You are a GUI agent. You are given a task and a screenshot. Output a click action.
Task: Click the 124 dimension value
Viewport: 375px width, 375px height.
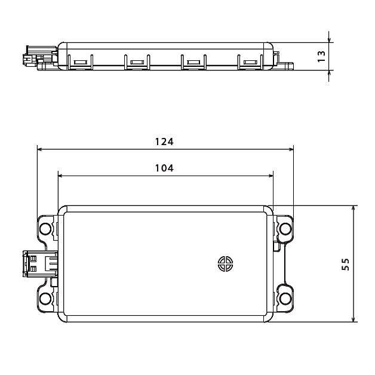pos(164,142)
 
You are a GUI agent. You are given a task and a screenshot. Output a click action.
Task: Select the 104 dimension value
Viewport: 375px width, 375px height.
pos(164,168)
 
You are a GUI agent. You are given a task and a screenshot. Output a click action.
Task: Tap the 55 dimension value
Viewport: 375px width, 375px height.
pos(345,264)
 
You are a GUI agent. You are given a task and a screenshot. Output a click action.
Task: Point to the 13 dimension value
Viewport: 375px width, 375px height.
pos(321,57)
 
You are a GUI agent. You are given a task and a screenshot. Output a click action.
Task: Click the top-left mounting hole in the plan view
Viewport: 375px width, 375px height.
pos(45,228)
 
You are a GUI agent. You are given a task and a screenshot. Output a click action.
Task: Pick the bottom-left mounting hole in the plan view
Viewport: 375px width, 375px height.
pos(45,299)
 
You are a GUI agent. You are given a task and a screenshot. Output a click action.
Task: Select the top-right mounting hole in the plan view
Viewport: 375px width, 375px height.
pos(285,228)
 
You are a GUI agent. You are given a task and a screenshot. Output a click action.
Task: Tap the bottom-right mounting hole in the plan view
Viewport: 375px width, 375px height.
pos(285,299)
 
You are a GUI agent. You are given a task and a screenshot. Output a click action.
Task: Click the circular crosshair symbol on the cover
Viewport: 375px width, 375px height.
pos(226,264)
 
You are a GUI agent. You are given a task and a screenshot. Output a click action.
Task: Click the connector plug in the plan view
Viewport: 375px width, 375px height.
pos(40,264)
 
